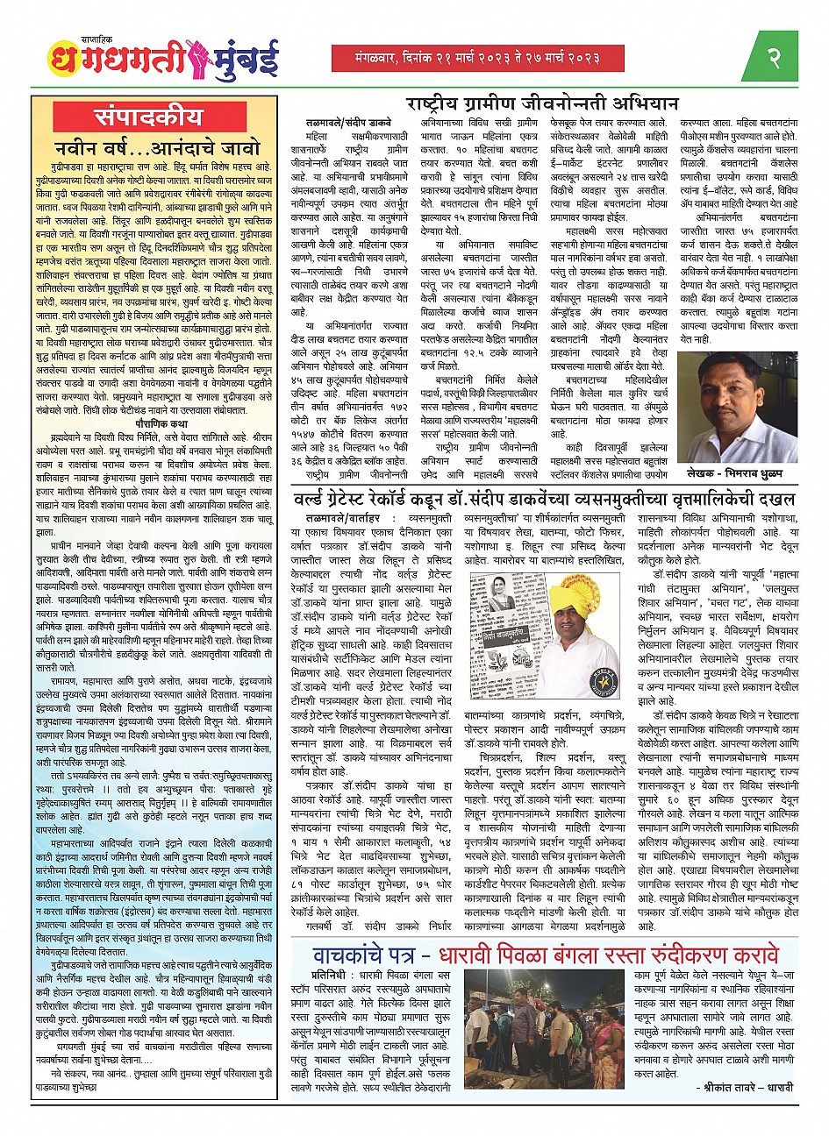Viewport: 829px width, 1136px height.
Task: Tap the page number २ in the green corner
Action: [x=774, y=58]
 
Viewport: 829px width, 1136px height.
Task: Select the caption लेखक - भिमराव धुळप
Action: [x=748, y=472]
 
